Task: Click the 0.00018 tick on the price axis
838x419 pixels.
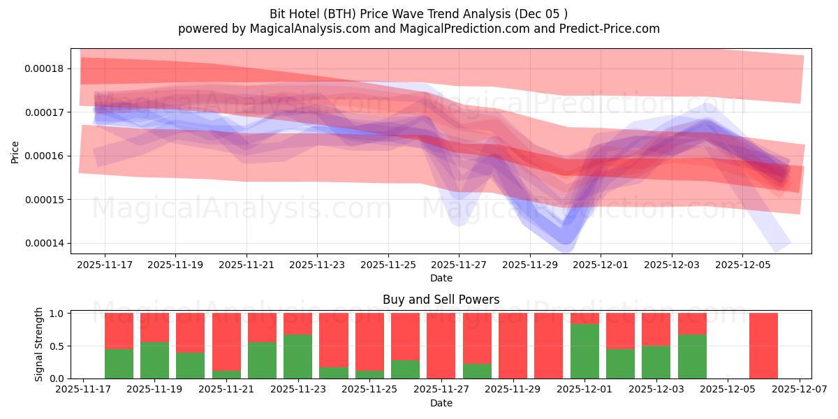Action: pyautogui.click(x=44, y=68)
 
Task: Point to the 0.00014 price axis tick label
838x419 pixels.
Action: pyautogui.click(x=44, y=243)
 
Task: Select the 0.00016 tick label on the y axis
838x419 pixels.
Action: pyautogui.click(x=44, y=156)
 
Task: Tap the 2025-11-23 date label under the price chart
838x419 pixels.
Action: pyautogui.click(x=317, y=265)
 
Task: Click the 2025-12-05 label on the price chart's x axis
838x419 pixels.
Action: pyautogui.click(x=742, y=265)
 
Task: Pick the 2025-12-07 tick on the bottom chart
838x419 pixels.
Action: pyautogui.click(x=800, y=390)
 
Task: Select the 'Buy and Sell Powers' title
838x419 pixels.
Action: pyautogui.click(x=441, y=300)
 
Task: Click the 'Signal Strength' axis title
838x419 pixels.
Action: pyautogui.click(x=39, y=344)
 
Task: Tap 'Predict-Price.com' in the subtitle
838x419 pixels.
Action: pyautogui.click(x=612, y=29)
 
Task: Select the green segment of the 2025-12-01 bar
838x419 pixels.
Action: pyautogui.click(x=585, y=351)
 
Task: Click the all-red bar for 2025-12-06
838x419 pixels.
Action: pyautogui.click(x=763, y=346)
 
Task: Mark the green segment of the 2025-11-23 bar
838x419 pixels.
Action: pyautogui.click(x=298, y=356)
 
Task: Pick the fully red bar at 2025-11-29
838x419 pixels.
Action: pyautogui.click(x=513, y=346)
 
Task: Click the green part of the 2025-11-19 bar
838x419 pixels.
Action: pyautogui.click(x=154, y=360)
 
